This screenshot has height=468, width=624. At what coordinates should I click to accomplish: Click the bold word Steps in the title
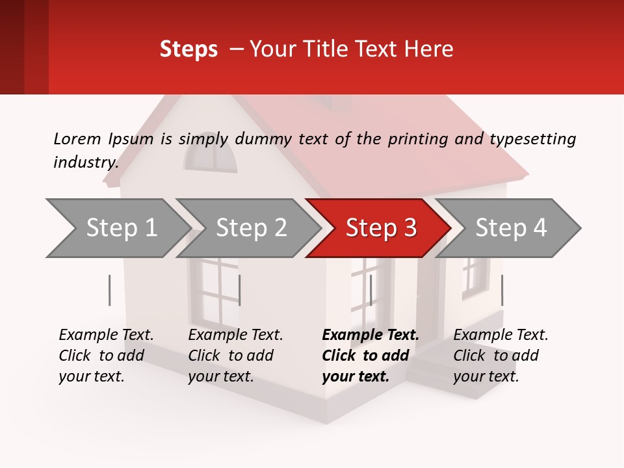click(188, 49)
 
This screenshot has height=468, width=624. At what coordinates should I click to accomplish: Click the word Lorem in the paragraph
click(77, 138)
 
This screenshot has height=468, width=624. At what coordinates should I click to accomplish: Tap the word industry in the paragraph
click(85, 162)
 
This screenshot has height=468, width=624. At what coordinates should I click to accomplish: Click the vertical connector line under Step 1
click(110, 290)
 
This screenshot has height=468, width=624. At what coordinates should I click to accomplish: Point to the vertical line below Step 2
click(240, 290)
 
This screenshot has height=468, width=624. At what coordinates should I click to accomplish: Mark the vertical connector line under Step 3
click(370, 290)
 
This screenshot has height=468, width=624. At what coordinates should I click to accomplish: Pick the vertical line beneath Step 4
click(502, 290)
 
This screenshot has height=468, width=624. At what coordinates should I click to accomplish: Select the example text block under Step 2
click(235, 356)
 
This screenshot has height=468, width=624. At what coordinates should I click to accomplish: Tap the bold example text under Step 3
click(370, 356)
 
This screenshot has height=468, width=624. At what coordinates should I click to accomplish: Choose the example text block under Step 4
click(500, 356)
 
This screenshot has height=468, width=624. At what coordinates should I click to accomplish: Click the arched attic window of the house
click(211, 155)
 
